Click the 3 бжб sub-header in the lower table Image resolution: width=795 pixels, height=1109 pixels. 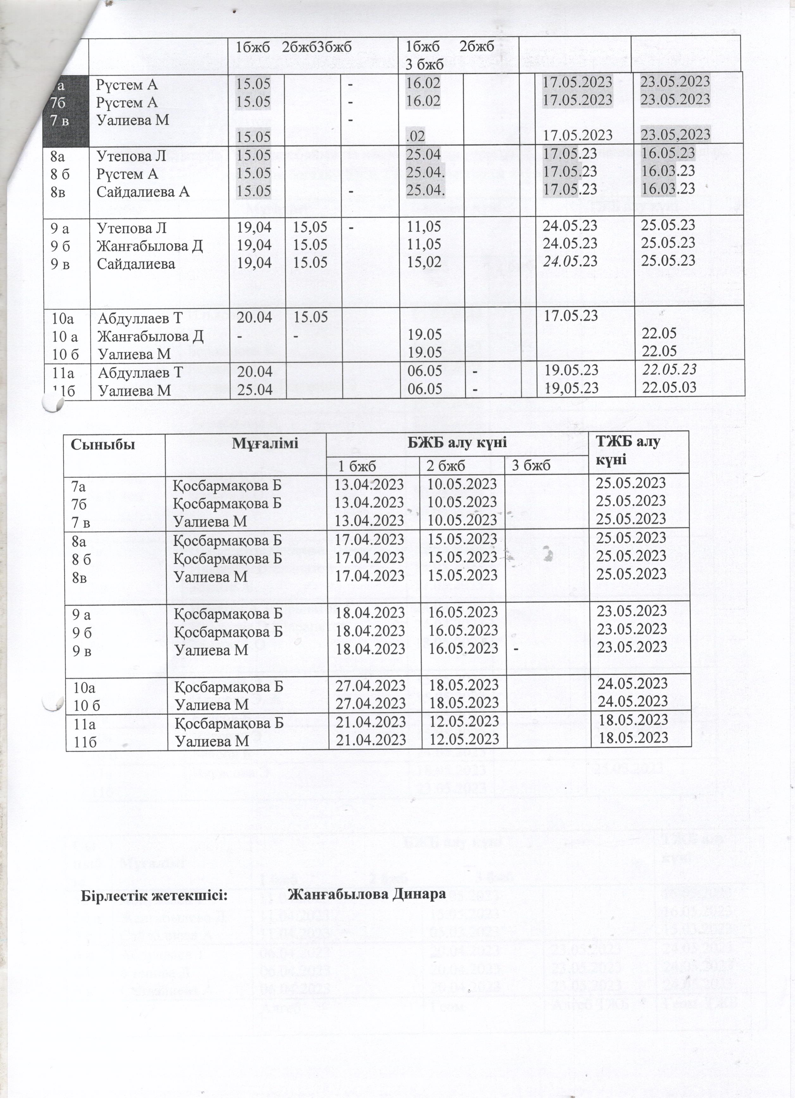point(531,465)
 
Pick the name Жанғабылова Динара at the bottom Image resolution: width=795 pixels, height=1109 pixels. point(367,894)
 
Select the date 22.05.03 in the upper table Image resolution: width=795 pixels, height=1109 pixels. point(670,387)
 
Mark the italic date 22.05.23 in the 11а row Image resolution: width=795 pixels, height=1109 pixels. point(670,370)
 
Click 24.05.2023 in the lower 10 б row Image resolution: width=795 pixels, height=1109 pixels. point(633,701)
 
